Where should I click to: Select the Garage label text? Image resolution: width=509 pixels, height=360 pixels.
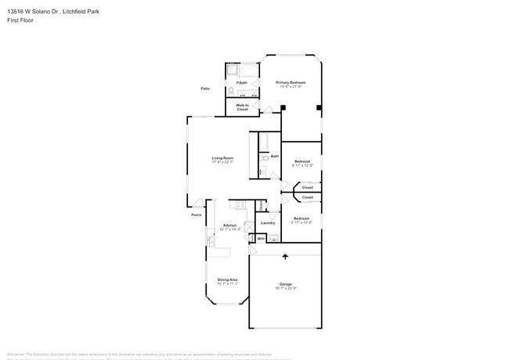click(286, 284)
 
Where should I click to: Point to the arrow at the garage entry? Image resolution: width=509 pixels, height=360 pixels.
click(285, 256)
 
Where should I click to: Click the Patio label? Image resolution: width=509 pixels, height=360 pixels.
click(205, 89)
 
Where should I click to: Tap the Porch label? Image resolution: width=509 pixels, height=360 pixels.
click(196, 215)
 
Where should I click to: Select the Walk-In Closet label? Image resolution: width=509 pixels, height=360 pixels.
click(243, 107)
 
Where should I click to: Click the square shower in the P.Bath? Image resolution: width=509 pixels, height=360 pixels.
click(233, 70)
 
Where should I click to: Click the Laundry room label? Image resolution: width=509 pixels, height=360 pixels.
click(268, 223)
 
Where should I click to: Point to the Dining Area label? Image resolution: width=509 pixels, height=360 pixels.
click(227, 279)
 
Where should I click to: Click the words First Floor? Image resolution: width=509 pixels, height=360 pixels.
click(19, 21)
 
